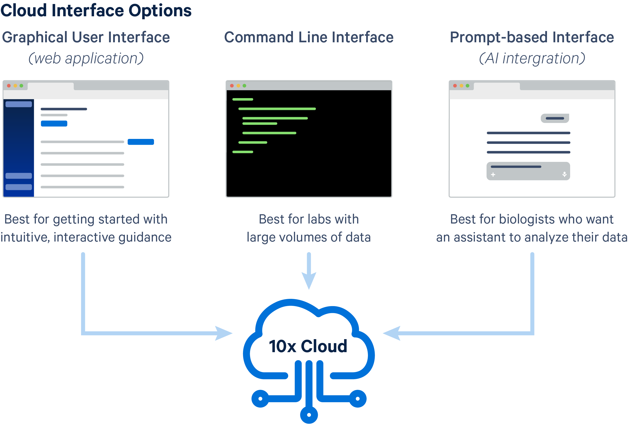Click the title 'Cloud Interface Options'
pyautogui.click(x=96, y=11)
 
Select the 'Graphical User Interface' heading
pyautogui.click(x=86, y=37)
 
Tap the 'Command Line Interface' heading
pyautogui.click(x=309, y=37)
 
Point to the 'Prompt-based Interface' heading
pyautogui.click(x=532, y=37)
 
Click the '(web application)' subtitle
pyautogui.click(x=86, y=58)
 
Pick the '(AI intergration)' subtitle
pyautogui.click(x=532, y=58)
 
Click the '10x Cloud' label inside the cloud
pyautogui.click(x=308, y=346)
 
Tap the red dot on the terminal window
pyautogui.click(x=232, y=86)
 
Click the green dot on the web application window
pyautogui.click(x=21, y=86)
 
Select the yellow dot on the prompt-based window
pyautogui.click(x=461, y=86)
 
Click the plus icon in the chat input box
pyautogui.click(x=493, y=174)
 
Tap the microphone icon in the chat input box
pyautogui.click(x=564, y=174)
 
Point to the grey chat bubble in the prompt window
pyautogui.click(x=555, y=118)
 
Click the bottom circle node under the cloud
pyautogui.click(x=309, y=415)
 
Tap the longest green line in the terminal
pyautogui.click(x=277, y=109)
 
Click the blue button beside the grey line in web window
pyautogui.click(x=141, y=142)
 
